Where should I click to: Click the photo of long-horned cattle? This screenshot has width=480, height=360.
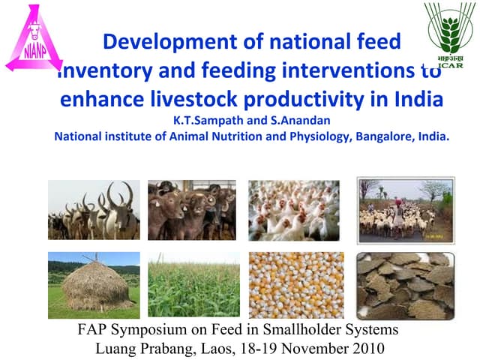click(x=93, y=210)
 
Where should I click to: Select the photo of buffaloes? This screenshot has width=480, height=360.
click(x=191, y=210)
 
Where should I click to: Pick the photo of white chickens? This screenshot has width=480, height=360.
click(x=293, y=210)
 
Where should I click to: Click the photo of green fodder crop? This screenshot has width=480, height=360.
click(x=193, y=286)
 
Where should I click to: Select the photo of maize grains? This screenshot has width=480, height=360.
click(x=296, y=286)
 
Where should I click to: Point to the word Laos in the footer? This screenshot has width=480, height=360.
click(x=219, y=348)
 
